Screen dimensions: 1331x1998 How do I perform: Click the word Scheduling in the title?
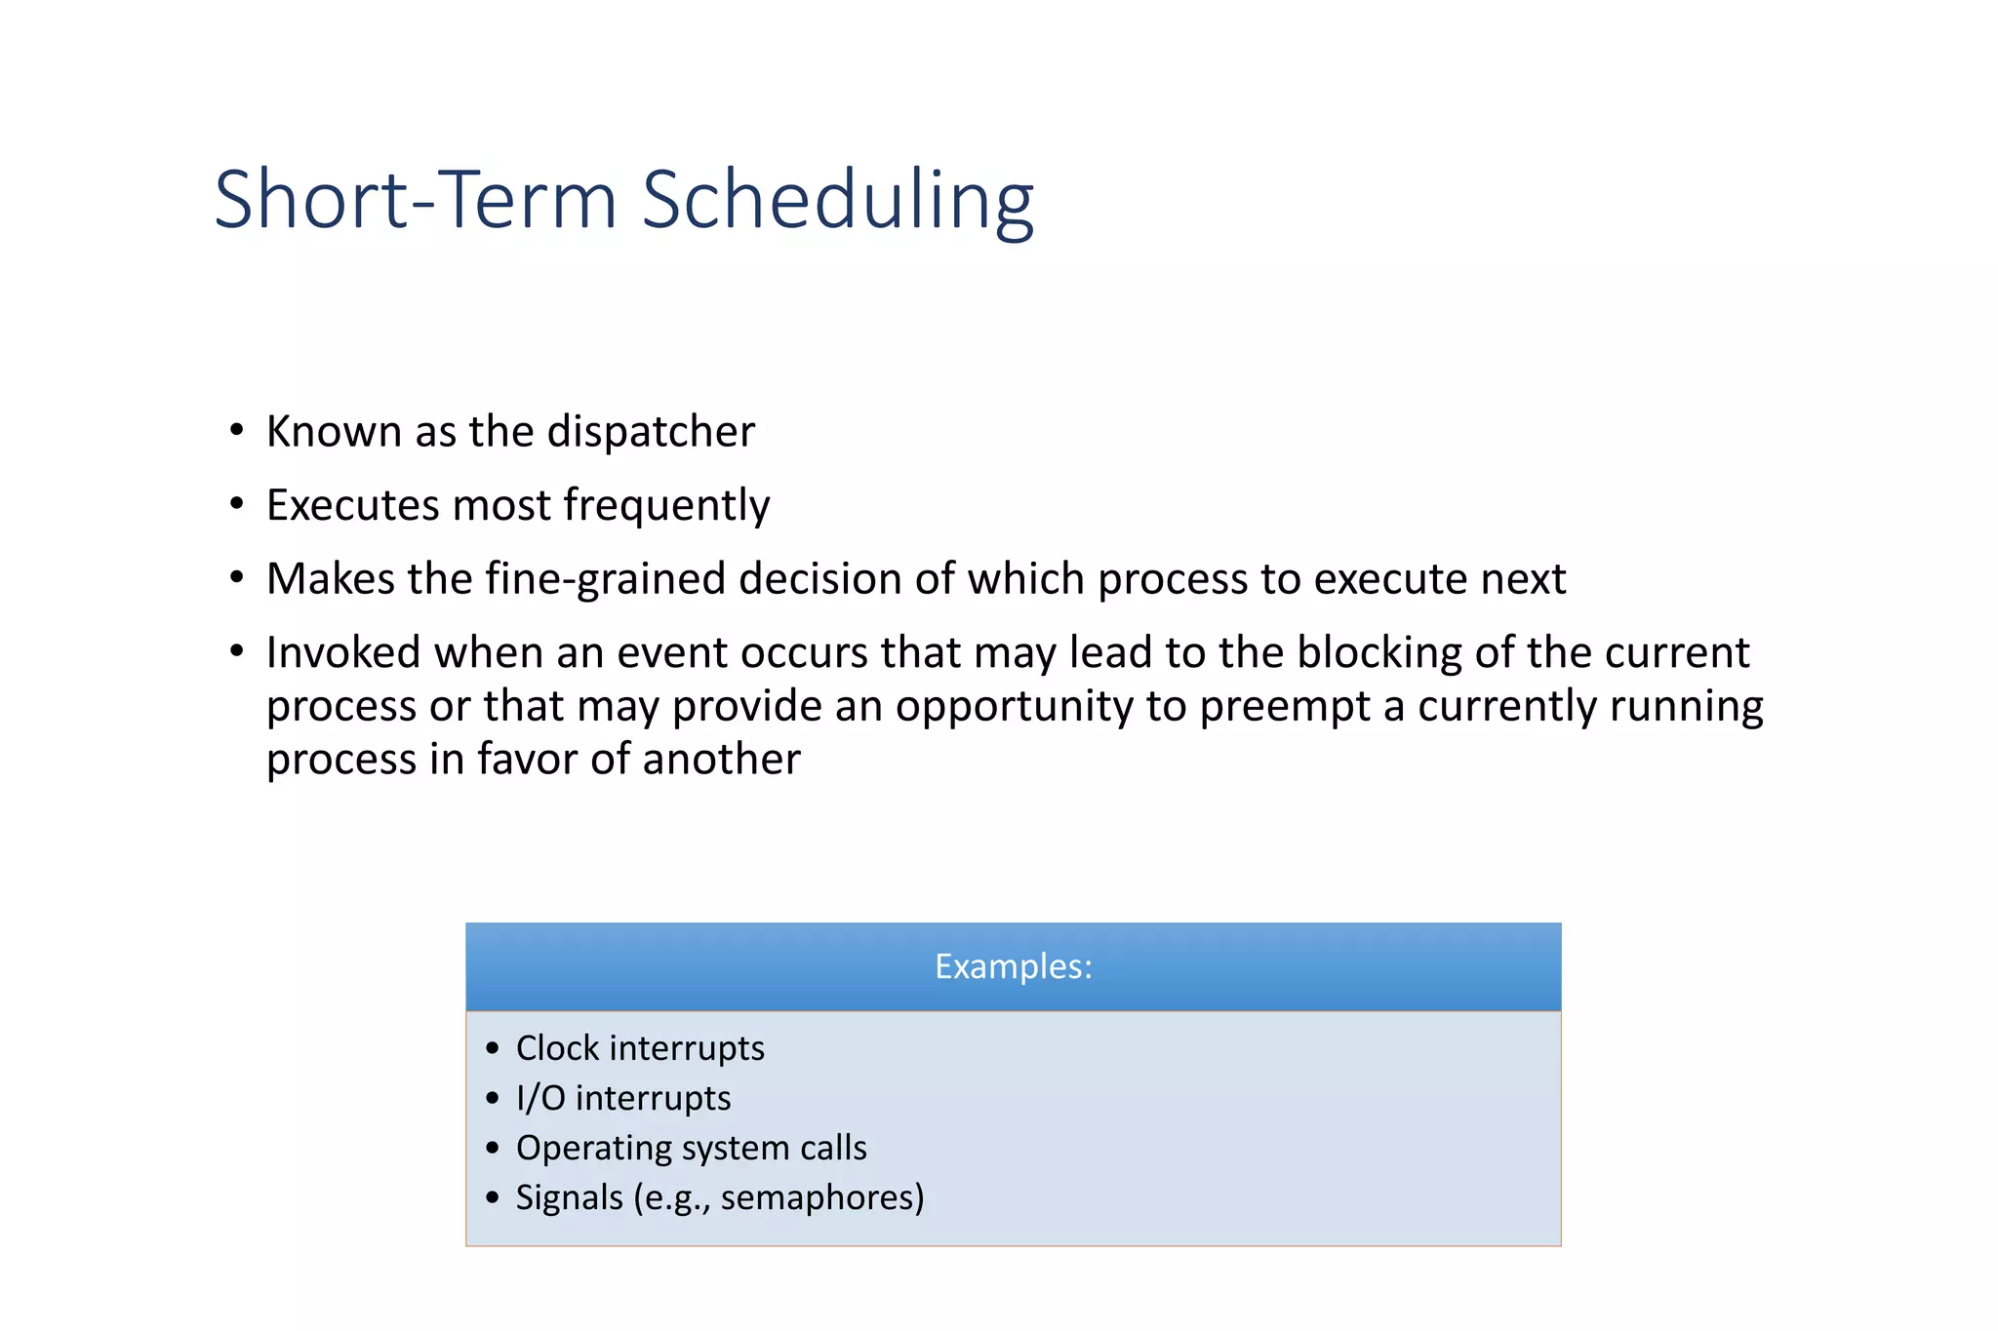pyautogui.click(x=837, y=200)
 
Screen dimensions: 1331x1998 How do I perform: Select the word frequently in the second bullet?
pyautogui.click(x=666, y=506)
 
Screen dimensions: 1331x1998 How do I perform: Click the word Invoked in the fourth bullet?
pyautogui.click(x=343, y=652)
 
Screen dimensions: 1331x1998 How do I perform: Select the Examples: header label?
pyautogui.click(x=1013, y=966)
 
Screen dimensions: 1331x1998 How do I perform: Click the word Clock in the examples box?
pyautogui.click(x=557, y=1048)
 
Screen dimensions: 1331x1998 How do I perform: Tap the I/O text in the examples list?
pyautogui.click(x=540, y=1099)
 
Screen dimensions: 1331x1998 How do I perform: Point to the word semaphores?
pyautogui.click(x=821, y=1198)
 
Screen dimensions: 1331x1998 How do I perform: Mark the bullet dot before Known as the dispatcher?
pyautogui.click(x=237, y=430)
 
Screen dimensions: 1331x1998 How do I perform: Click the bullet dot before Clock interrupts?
pyautogui.click(x=493, y=1049)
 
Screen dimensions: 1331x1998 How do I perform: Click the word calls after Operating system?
pyautogui.click(x=832, y=1149)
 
